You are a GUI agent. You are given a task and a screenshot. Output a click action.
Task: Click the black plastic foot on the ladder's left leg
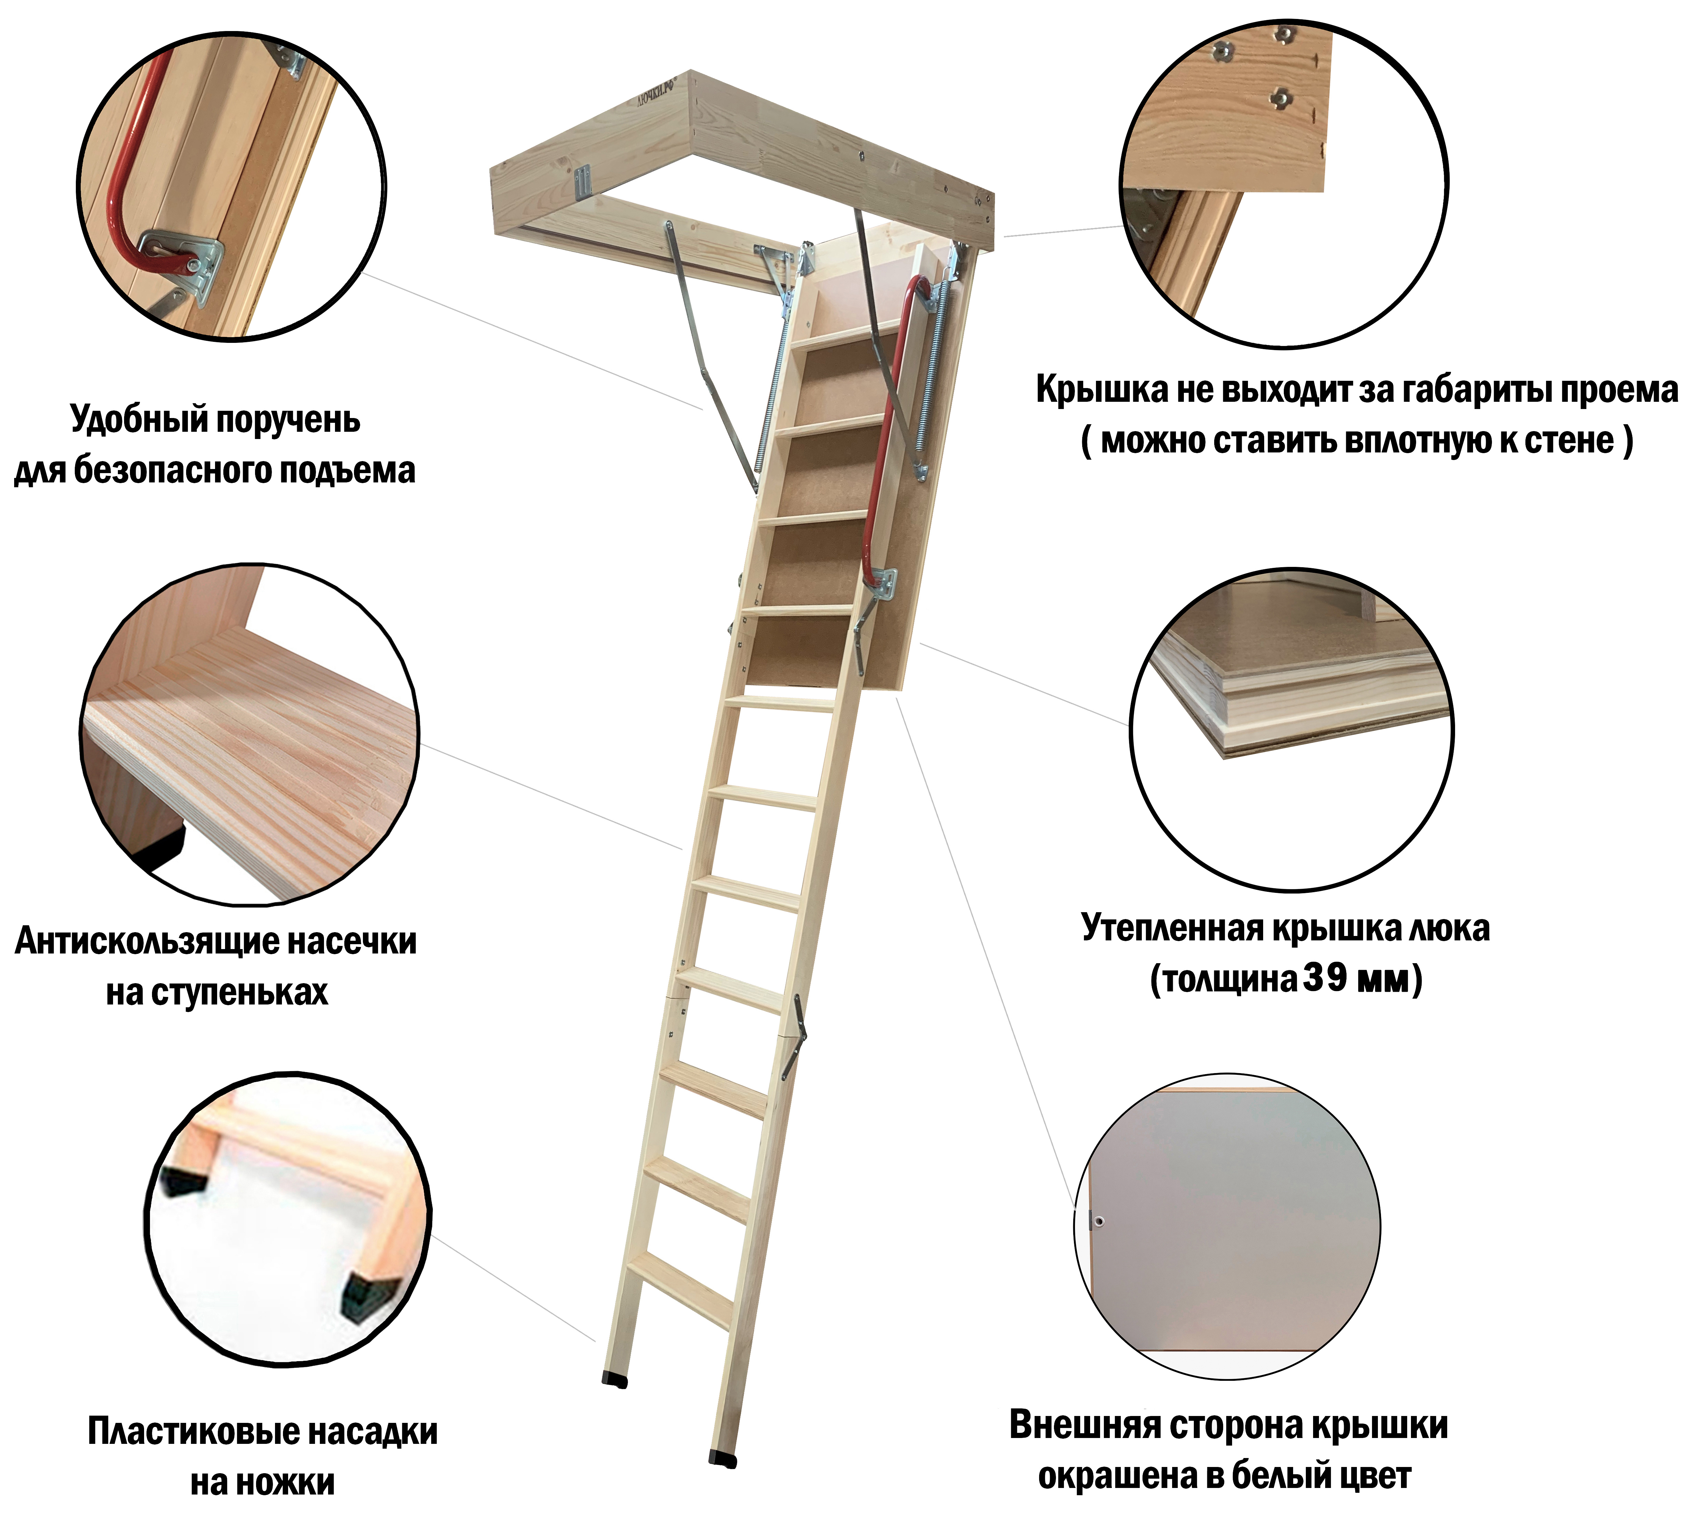coord(615,1380)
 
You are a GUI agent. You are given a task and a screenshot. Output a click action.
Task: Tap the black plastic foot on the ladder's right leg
coord(723,1460)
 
